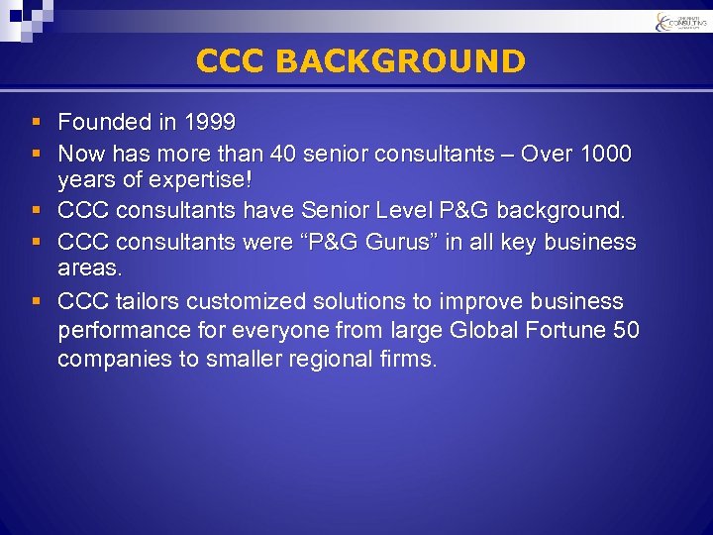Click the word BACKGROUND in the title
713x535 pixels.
[400, 61]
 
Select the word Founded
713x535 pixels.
[101, 123]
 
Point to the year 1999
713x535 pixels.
[208, 123]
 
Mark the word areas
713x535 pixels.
[89, 268]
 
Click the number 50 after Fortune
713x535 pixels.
[626, 330]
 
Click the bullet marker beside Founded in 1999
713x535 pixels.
[36, 123]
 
